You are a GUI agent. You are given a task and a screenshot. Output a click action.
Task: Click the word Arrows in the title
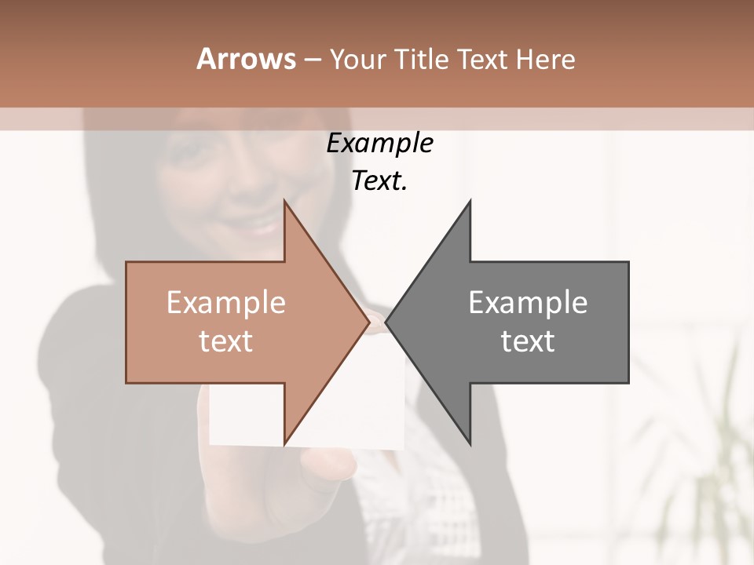tap(246, 59)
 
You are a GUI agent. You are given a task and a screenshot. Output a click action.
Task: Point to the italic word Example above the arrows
tap(379, 144)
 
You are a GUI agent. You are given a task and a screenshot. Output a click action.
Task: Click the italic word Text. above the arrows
tap(379, 181)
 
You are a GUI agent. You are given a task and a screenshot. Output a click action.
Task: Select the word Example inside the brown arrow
tap(225, 303)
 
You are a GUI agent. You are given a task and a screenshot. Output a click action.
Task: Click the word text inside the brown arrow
tap(225, 341)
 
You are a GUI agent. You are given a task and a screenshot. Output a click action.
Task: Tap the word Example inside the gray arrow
tap(528, 303)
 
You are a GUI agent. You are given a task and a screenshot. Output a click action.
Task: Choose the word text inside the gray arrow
tap(528, 341)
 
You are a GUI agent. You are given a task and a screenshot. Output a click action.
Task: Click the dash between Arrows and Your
tap(312, 60)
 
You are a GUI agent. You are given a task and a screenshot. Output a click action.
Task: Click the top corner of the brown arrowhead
tap(285, 202)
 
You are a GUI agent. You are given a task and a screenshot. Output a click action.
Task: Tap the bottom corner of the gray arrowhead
tap(470, 443)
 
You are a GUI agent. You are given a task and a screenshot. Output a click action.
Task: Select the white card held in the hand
tap(346, 408)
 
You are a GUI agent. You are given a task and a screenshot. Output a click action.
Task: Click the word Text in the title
tap(479, 60)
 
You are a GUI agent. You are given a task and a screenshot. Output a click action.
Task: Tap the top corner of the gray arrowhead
tap(470, 202)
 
